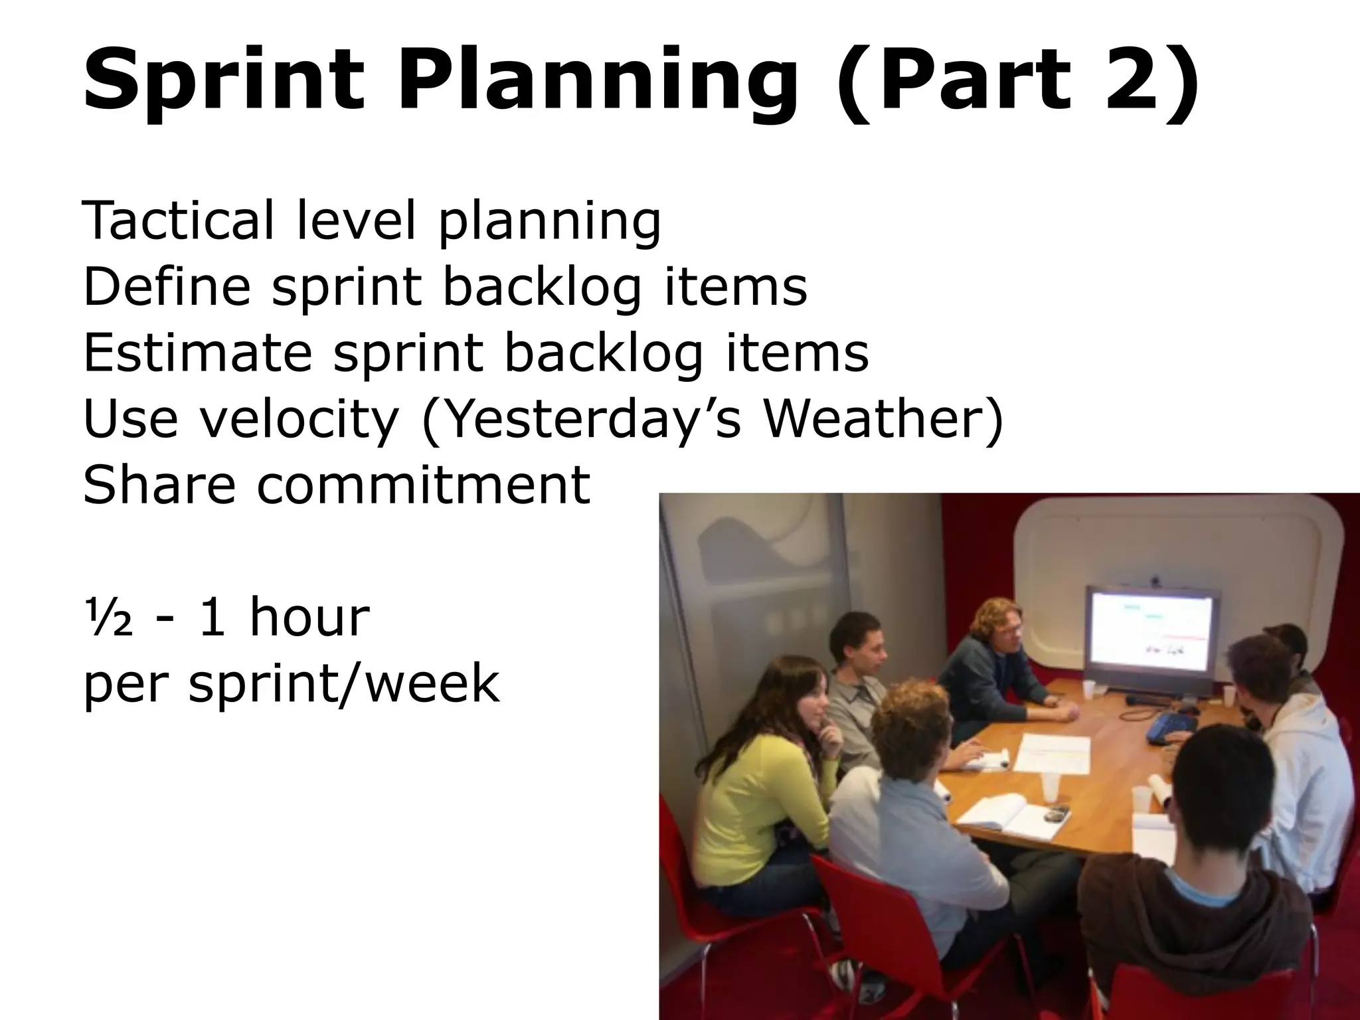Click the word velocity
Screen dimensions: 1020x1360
coord(299,419)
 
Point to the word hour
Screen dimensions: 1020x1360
coord(309,617)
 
